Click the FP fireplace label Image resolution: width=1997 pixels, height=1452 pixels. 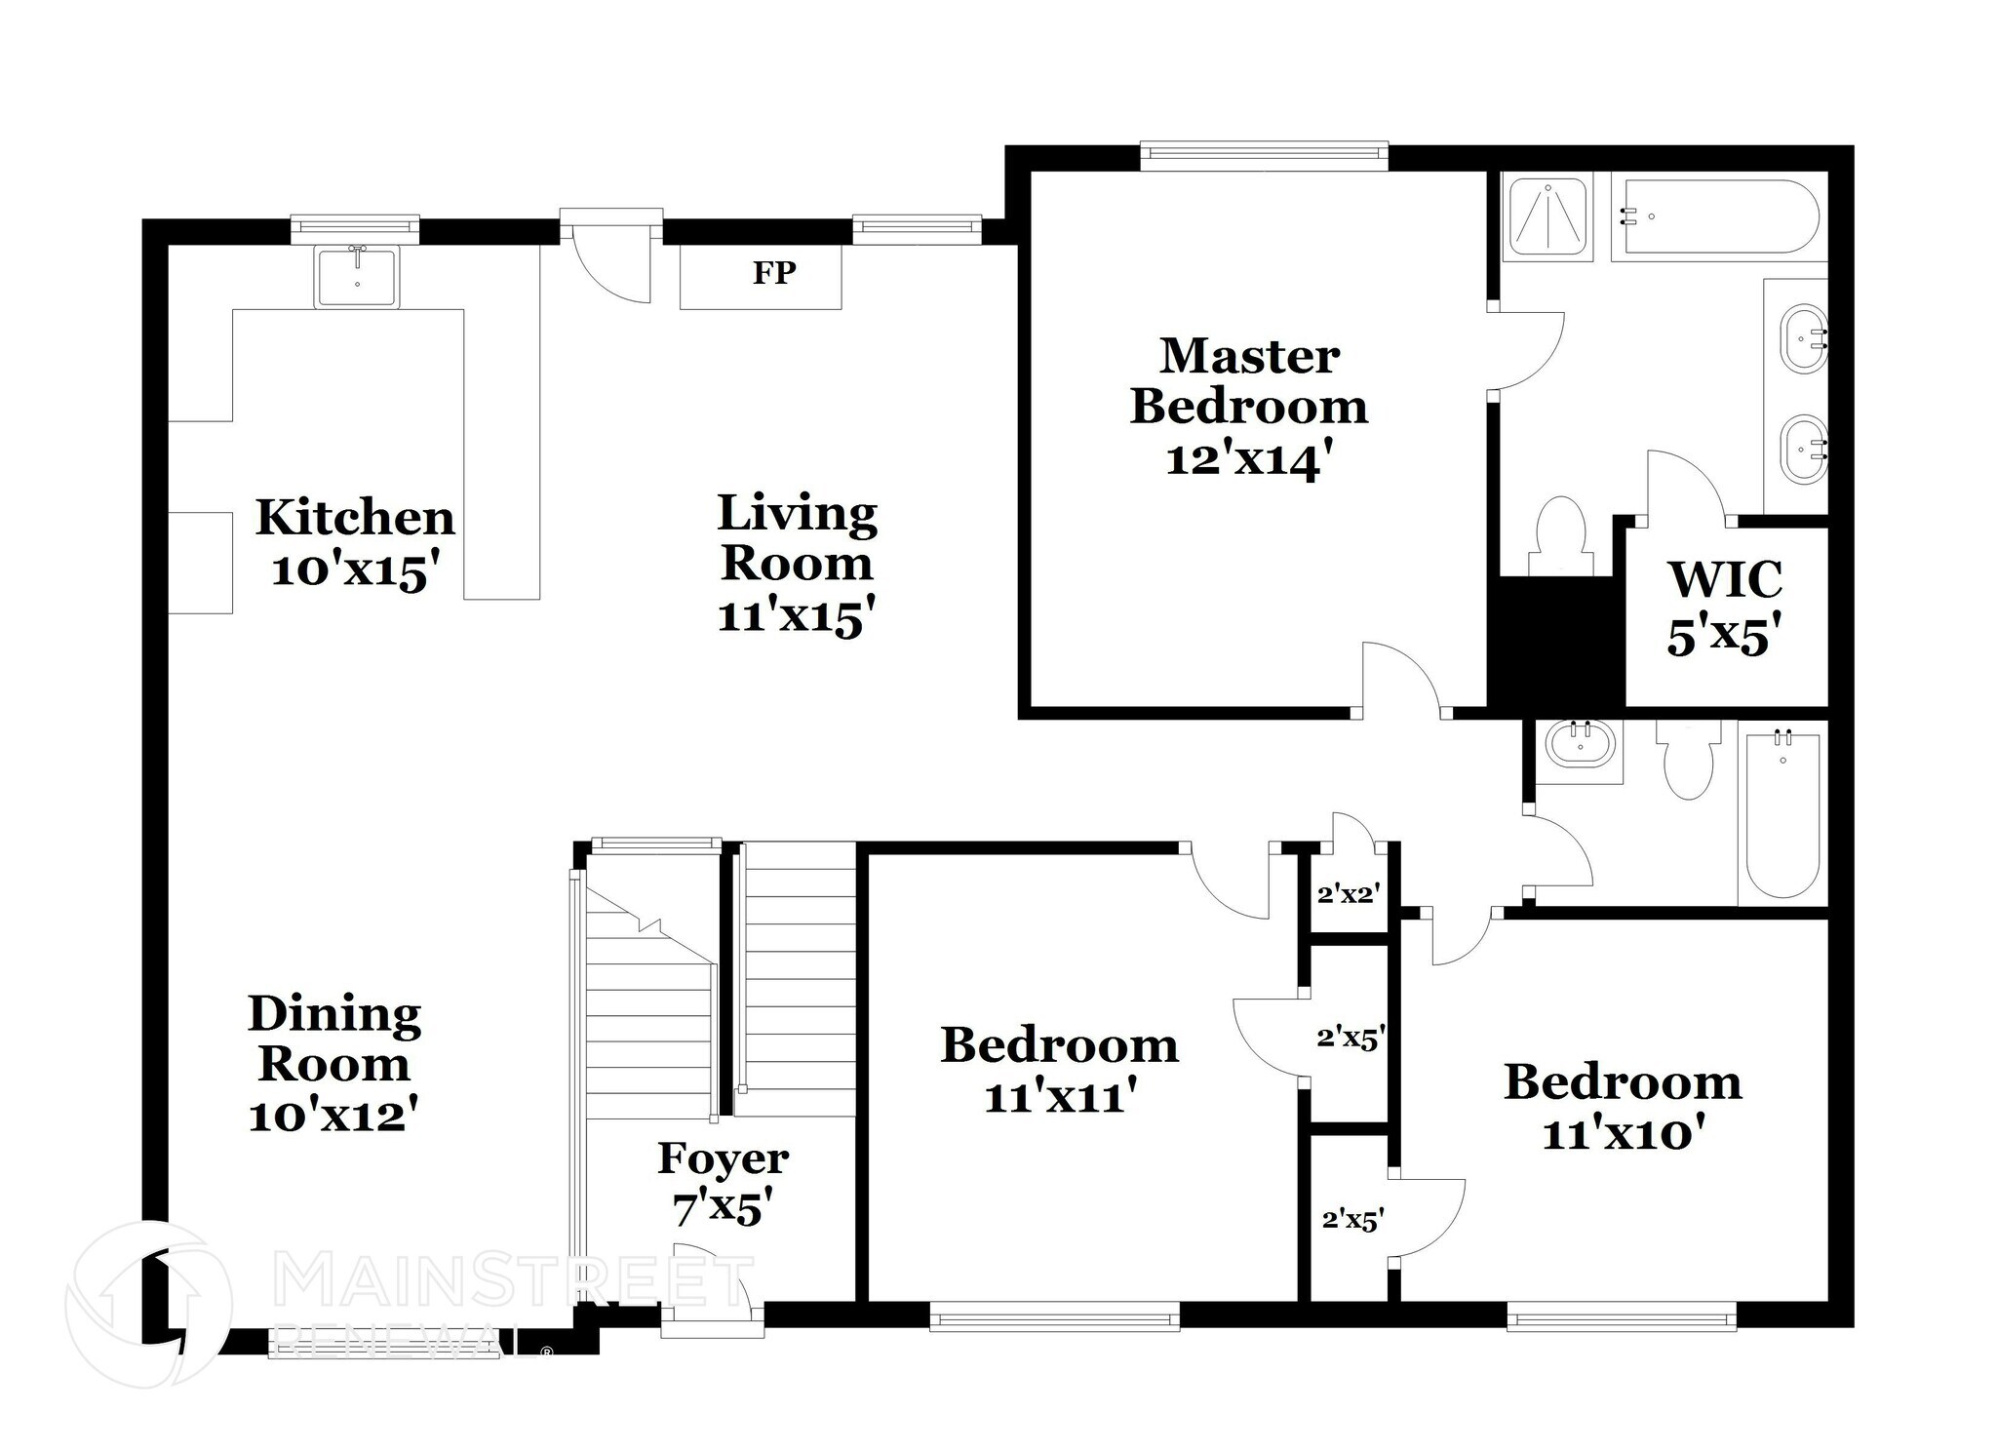[774, 273]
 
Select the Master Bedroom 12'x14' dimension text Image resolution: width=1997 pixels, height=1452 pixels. [1249, 458]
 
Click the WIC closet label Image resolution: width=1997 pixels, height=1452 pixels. [1725, 578]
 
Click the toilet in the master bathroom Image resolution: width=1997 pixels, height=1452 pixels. [1560, 535]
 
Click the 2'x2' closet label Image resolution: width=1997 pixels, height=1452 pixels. [1348, 893]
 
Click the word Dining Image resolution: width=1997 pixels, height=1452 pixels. [334, 1015]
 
